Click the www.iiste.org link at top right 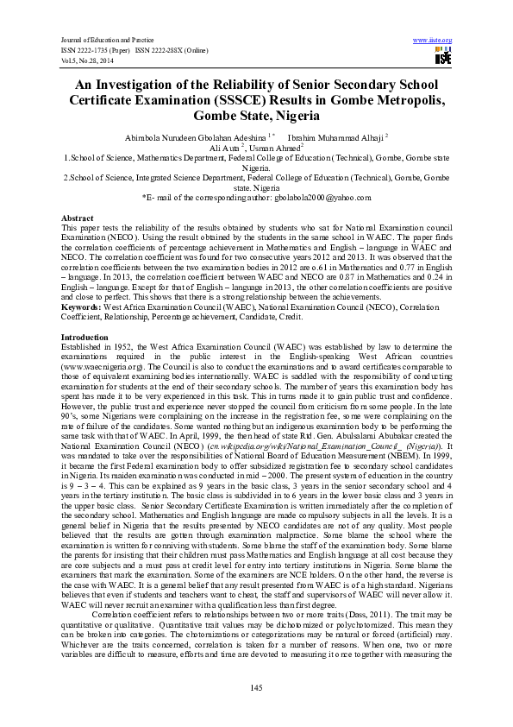tap(433, 41)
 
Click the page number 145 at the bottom tap(256, 687)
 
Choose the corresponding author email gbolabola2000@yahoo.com tap(323, 198)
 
